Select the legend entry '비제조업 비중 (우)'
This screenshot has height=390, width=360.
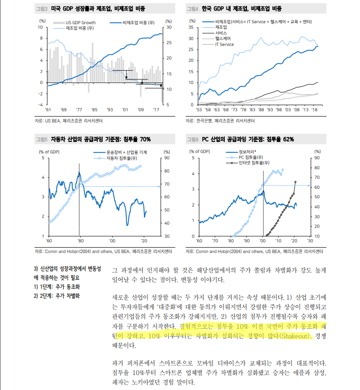coord(138,22)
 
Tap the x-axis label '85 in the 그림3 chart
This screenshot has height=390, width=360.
coord(94,110)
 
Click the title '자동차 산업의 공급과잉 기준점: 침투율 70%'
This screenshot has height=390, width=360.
coord(101,139)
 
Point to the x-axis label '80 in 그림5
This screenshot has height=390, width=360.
coord(80,241)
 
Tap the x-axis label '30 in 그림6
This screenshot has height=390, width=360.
coord(311,241)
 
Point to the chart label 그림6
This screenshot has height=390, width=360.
coord(194,139)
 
